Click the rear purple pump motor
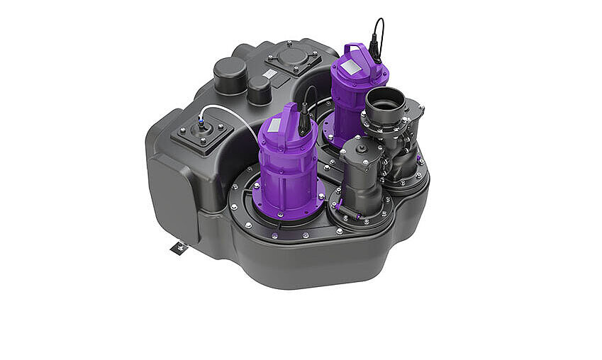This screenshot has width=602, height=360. [x=359, y=92]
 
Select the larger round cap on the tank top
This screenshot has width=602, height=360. [x=230, y=74]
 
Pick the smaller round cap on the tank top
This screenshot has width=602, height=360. [x=260, y=89]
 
